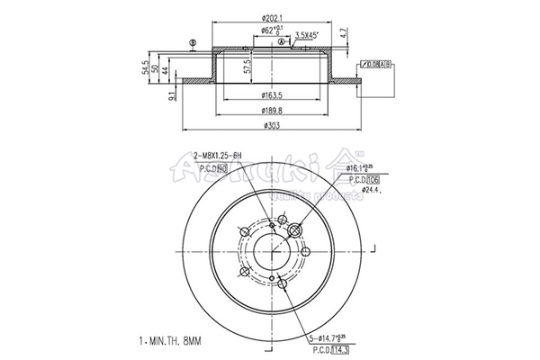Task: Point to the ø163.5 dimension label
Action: point(272,94)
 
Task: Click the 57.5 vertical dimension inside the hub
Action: point(247,67)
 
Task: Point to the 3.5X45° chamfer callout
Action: point(310,36)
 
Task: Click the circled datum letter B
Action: point(191,43)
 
